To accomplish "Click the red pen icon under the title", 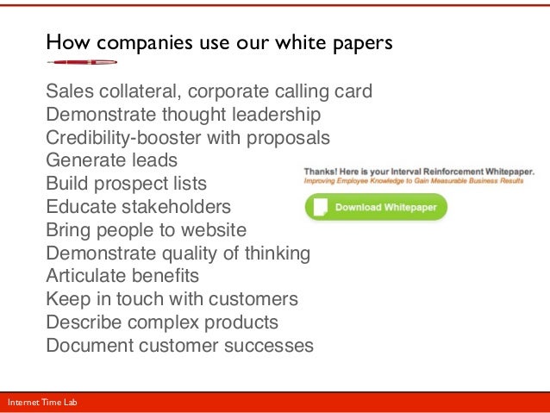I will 81,62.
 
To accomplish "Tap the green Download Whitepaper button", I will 376,208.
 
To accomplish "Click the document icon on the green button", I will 320,208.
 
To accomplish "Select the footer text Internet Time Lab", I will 41,402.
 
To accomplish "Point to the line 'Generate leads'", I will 111,160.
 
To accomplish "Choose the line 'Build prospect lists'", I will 126,184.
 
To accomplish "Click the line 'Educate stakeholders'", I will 138,207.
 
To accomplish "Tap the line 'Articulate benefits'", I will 122,277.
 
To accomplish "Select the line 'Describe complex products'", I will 162,323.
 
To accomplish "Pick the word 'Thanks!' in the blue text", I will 320,172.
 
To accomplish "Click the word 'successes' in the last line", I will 274,347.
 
